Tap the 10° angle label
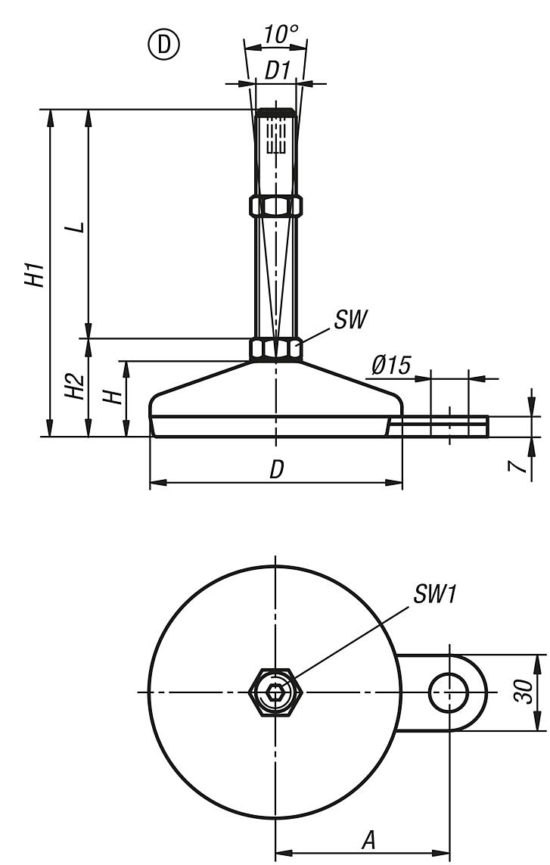[x=280, y=35]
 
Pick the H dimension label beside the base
[x=114, y=396]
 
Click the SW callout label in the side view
[x=350, y=319]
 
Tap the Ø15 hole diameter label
[x=391, y=365]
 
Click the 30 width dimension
[x=524, y=691]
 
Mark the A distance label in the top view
[x=368, y=841]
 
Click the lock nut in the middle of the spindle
[x=275, y=206]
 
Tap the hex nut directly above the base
[x=275, y=350]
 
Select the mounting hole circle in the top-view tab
[x=449, y=692]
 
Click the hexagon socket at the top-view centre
[x=275, y=692]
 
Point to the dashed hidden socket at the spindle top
[x=275, y=137]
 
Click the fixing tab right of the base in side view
[x=438, y=426]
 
